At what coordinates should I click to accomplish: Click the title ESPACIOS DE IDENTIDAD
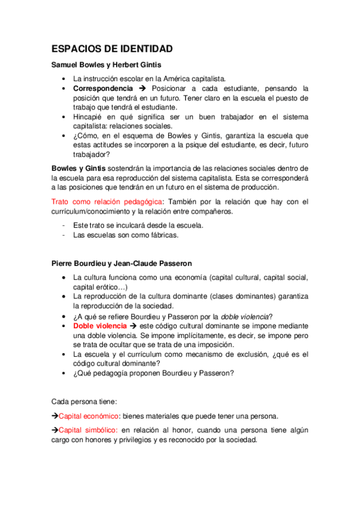coord(112,49)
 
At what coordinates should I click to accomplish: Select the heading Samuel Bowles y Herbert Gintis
coord(106,65)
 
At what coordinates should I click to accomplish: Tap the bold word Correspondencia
coord(102,88)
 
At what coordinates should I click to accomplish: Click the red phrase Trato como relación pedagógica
coord(106,201)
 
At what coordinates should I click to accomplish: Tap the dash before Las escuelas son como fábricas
coord(64,235)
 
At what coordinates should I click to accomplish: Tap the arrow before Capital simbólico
coord(55,430)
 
